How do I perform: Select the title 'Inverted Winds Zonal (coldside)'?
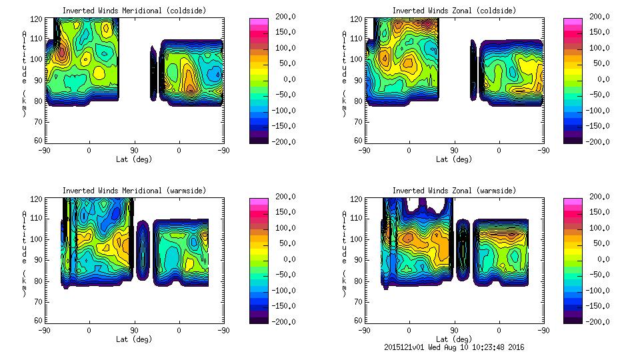pos(453,11)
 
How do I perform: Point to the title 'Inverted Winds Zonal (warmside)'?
pos(454,191)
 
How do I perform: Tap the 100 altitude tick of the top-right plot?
pos(357,59)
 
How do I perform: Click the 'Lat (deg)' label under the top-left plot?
pos(134,159)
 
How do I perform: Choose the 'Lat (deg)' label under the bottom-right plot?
pos(454,339)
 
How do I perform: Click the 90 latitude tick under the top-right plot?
pos(454,151)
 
